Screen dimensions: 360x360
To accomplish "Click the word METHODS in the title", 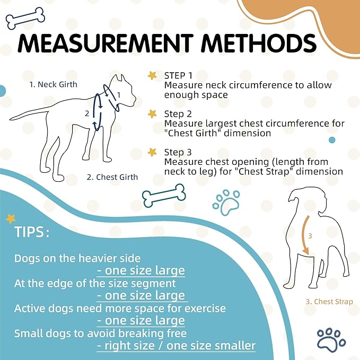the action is point(259,43).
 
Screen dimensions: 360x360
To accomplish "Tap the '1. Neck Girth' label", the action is point(53,84).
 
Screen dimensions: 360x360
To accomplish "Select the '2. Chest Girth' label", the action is point(112,177).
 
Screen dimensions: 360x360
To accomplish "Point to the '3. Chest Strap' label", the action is point(329,302).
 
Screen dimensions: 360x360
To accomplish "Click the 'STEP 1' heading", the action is point(178,75).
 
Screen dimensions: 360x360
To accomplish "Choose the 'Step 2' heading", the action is point(178,114).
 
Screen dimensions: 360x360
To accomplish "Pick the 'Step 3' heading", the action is point(178,152).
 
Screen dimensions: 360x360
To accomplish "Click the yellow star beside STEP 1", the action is point(152,75).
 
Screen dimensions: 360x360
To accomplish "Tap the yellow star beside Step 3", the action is point(152,152).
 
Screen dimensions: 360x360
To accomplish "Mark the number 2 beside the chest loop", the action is point(87,113).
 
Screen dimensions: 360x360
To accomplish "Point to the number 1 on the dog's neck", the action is point(119,95).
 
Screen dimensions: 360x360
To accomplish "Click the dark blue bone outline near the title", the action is point(25,18).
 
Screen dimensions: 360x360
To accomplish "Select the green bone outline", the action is point(164,196).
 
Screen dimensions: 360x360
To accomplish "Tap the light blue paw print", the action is point(226,203).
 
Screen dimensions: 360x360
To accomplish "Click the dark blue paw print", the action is point(331,339).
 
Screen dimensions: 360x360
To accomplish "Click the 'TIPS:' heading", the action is point(32,232).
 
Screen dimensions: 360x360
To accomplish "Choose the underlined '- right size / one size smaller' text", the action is point(176,346).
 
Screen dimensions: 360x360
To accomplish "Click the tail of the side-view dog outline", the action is point(29,115).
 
